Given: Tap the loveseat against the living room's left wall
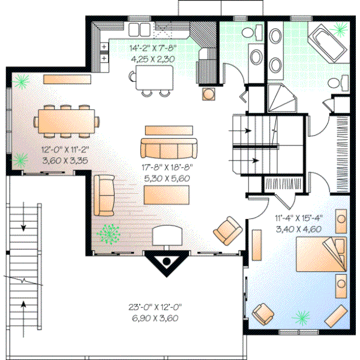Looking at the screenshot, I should click(x=104, y=195).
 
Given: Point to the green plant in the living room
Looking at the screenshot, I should click(x=109, y=233).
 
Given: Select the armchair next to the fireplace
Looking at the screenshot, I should click(x=227, y=229).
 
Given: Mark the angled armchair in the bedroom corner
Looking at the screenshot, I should click(x=265, y=313).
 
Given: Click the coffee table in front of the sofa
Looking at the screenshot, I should click(x=166, y=194).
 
